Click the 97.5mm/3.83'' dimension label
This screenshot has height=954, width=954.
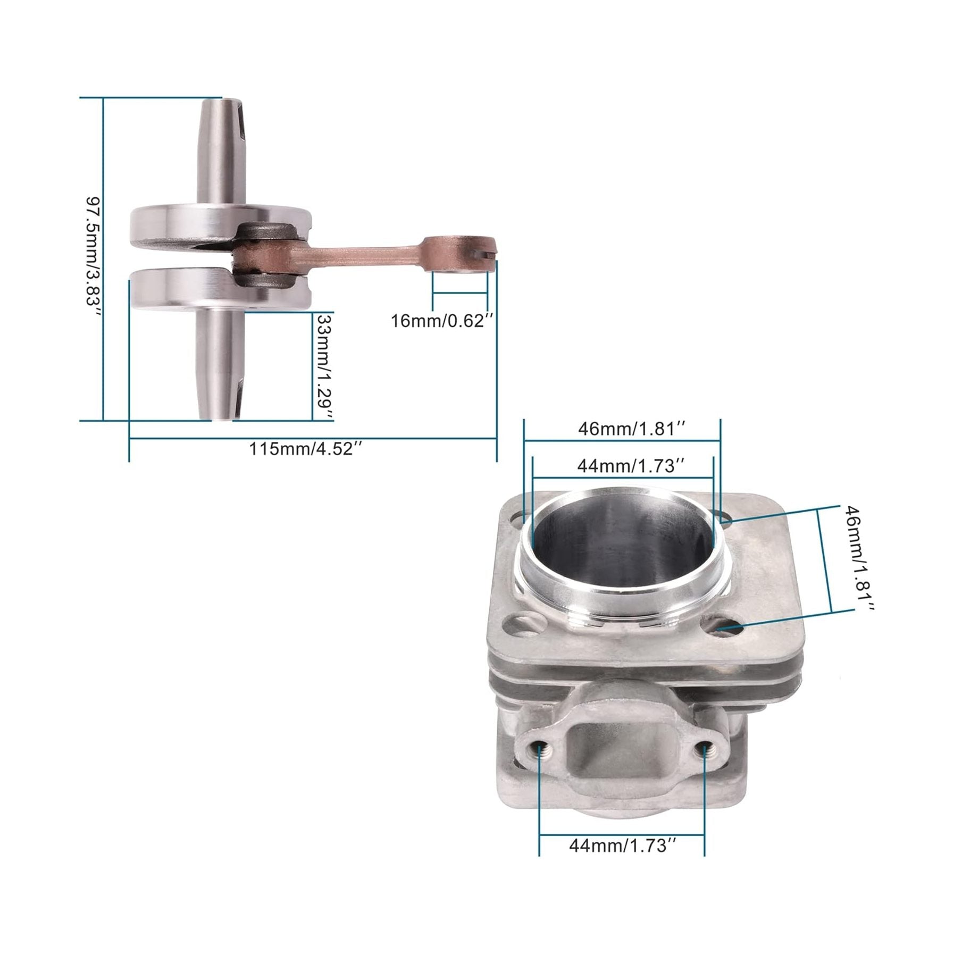(93, 257)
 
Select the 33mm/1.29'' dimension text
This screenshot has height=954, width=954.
(324, 367)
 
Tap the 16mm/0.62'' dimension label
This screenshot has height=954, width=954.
(442, 321)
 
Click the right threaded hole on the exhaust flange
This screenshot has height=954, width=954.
(705, 750)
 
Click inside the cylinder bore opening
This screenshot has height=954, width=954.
(622, 537)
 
